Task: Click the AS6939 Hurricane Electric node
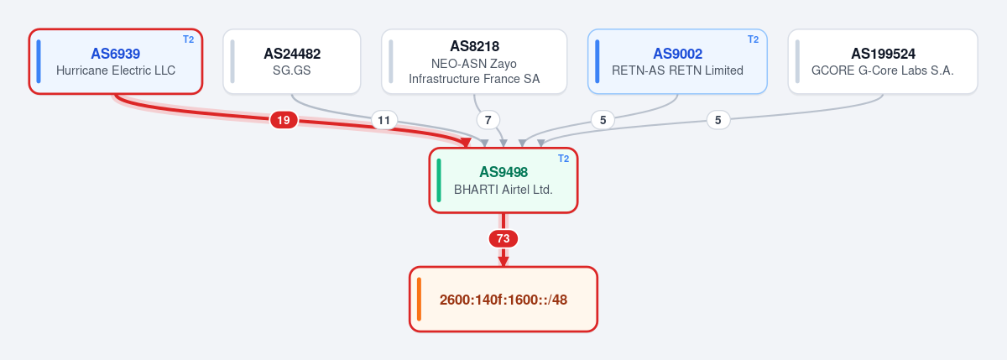pyautogui.click(x=116, y=61)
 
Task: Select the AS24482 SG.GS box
pyautogui.click(x=292, y=61)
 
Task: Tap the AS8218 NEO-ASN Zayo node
pyautogui.click(x=474, y=61)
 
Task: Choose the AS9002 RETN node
pyautogui.click(x=677, y=61)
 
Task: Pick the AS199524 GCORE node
pyautogui.click(x=883, y=61)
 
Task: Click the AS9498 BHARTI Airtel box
pyautogui.click(x=503, y=180)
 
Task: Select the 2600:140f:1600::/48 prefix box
pyautogui.click(x=503, y=300)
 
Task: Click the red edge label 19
pyautogui.click(x=284, y=120)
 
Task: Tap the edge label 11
pyautogui.click(x=384, y=120)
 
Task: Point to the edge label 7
pyautogui.click(x=488, y=120)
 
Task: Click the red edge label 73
pyautogui.click(x=503, y=238)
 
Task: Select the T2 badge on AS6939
pyautogui.click(x=188, y=39)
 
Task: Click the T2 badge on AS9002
pyautogui.click(x=753, y=39)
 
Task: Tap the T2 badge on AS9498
pyautogui.click(x=563, y=159)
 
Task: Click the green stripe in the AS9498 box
pyautogui.click(x=439, y=180)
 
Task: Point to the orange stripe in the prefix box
pyautogui.click(x=419, y=300)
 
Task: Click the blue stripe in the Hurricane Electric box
pyautogui.click(x=39, y=61)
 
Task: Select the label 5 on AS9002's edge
pyautogui.click(x=603, y=120)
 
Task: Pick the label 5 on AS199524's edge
pyautogui.click(x=718, y=120)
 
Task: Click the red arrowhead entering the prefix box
pyautogui.click(x=503, y=262)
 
